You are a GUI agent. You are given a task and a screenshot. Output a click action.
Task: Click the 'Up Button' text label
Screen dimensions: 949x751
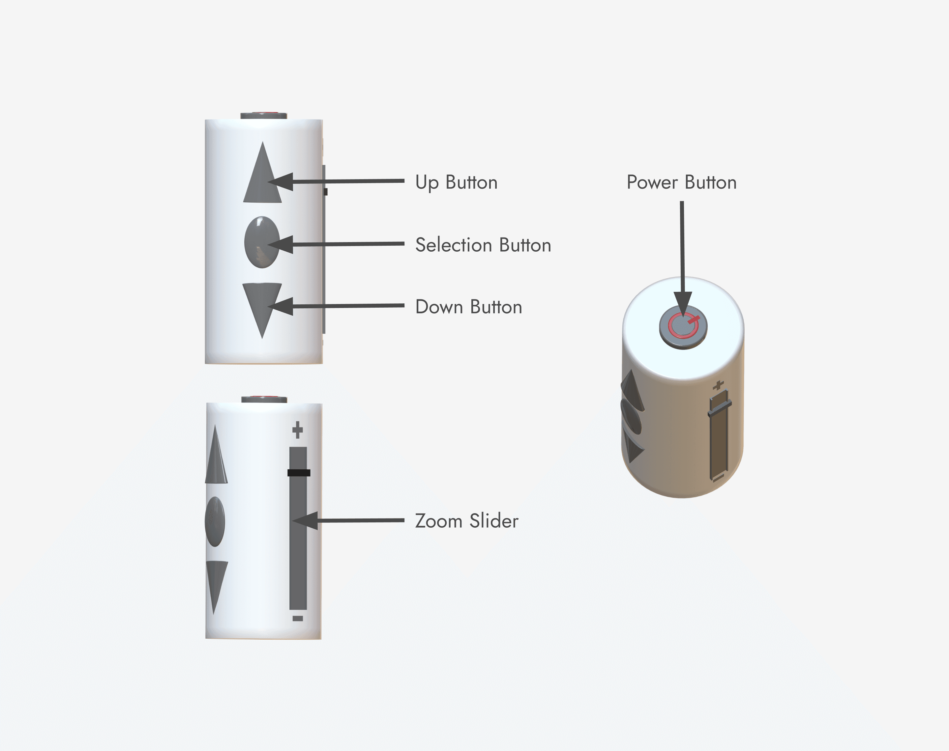tap(456, 182)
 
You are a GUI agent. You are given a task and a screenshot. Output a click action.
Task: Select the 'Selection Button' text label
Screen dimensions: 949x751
tap(483, 245)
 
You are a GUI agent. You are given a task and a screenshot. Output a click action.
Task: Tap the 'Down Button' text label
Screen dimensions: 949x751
tap(468, 307)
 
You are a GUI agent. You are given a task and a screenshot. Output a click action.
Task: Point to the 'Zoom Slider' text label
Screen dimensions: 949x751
tap(467, 521)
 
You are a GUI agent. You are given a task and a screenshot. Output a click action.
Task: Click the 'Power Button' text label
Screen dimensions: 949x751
tap(681, 182)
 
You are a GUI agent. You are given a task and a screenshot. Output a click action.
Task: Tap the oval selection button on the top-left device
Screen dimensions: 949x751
tap(262, 242)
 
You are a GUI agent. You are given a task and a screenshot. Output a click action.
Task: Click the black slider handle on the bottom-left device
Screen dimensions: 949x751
tap(299, 473)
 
